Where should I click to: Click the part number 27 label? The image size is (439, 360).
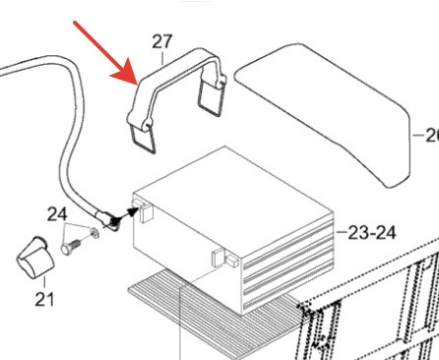coord(162,41)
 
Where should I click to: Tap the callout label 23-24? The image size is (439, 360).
coord(372,233)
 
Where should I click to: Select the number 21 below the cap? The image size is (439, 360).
coord(44,299)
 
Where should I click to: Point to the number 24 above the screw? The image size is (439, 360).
coord(57,214)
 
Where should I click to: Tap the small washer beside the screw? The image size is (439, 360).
coord(94,233)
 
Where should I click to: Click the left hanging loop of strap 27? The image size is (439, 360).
coord(143,140)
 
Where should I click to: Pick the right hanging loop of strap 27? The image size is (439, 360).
coord(211,97)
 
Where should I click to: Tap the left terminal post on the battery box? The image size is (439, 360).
coord(143,210)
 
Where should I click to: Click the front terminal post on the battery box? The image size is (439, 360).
coord(224,257)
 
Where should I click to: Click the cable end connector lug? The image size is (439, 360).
coord(107,219)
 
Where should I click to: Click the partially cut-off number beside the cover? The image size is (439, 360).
coord(432,135)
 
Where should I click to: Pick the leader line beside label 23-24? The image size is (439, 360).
coord(342,232)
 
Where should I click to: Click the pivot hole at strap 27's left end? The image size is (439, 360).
coord(147,126)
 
